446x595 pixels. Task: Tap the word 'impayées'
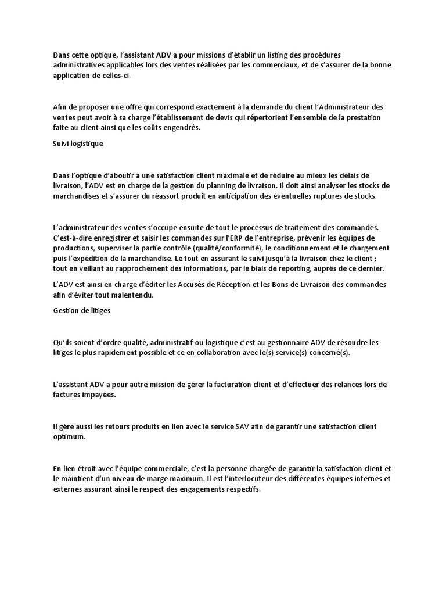click(x=101, y=395)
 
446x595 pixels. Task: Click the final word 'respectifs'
click(x=243, y=490)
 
